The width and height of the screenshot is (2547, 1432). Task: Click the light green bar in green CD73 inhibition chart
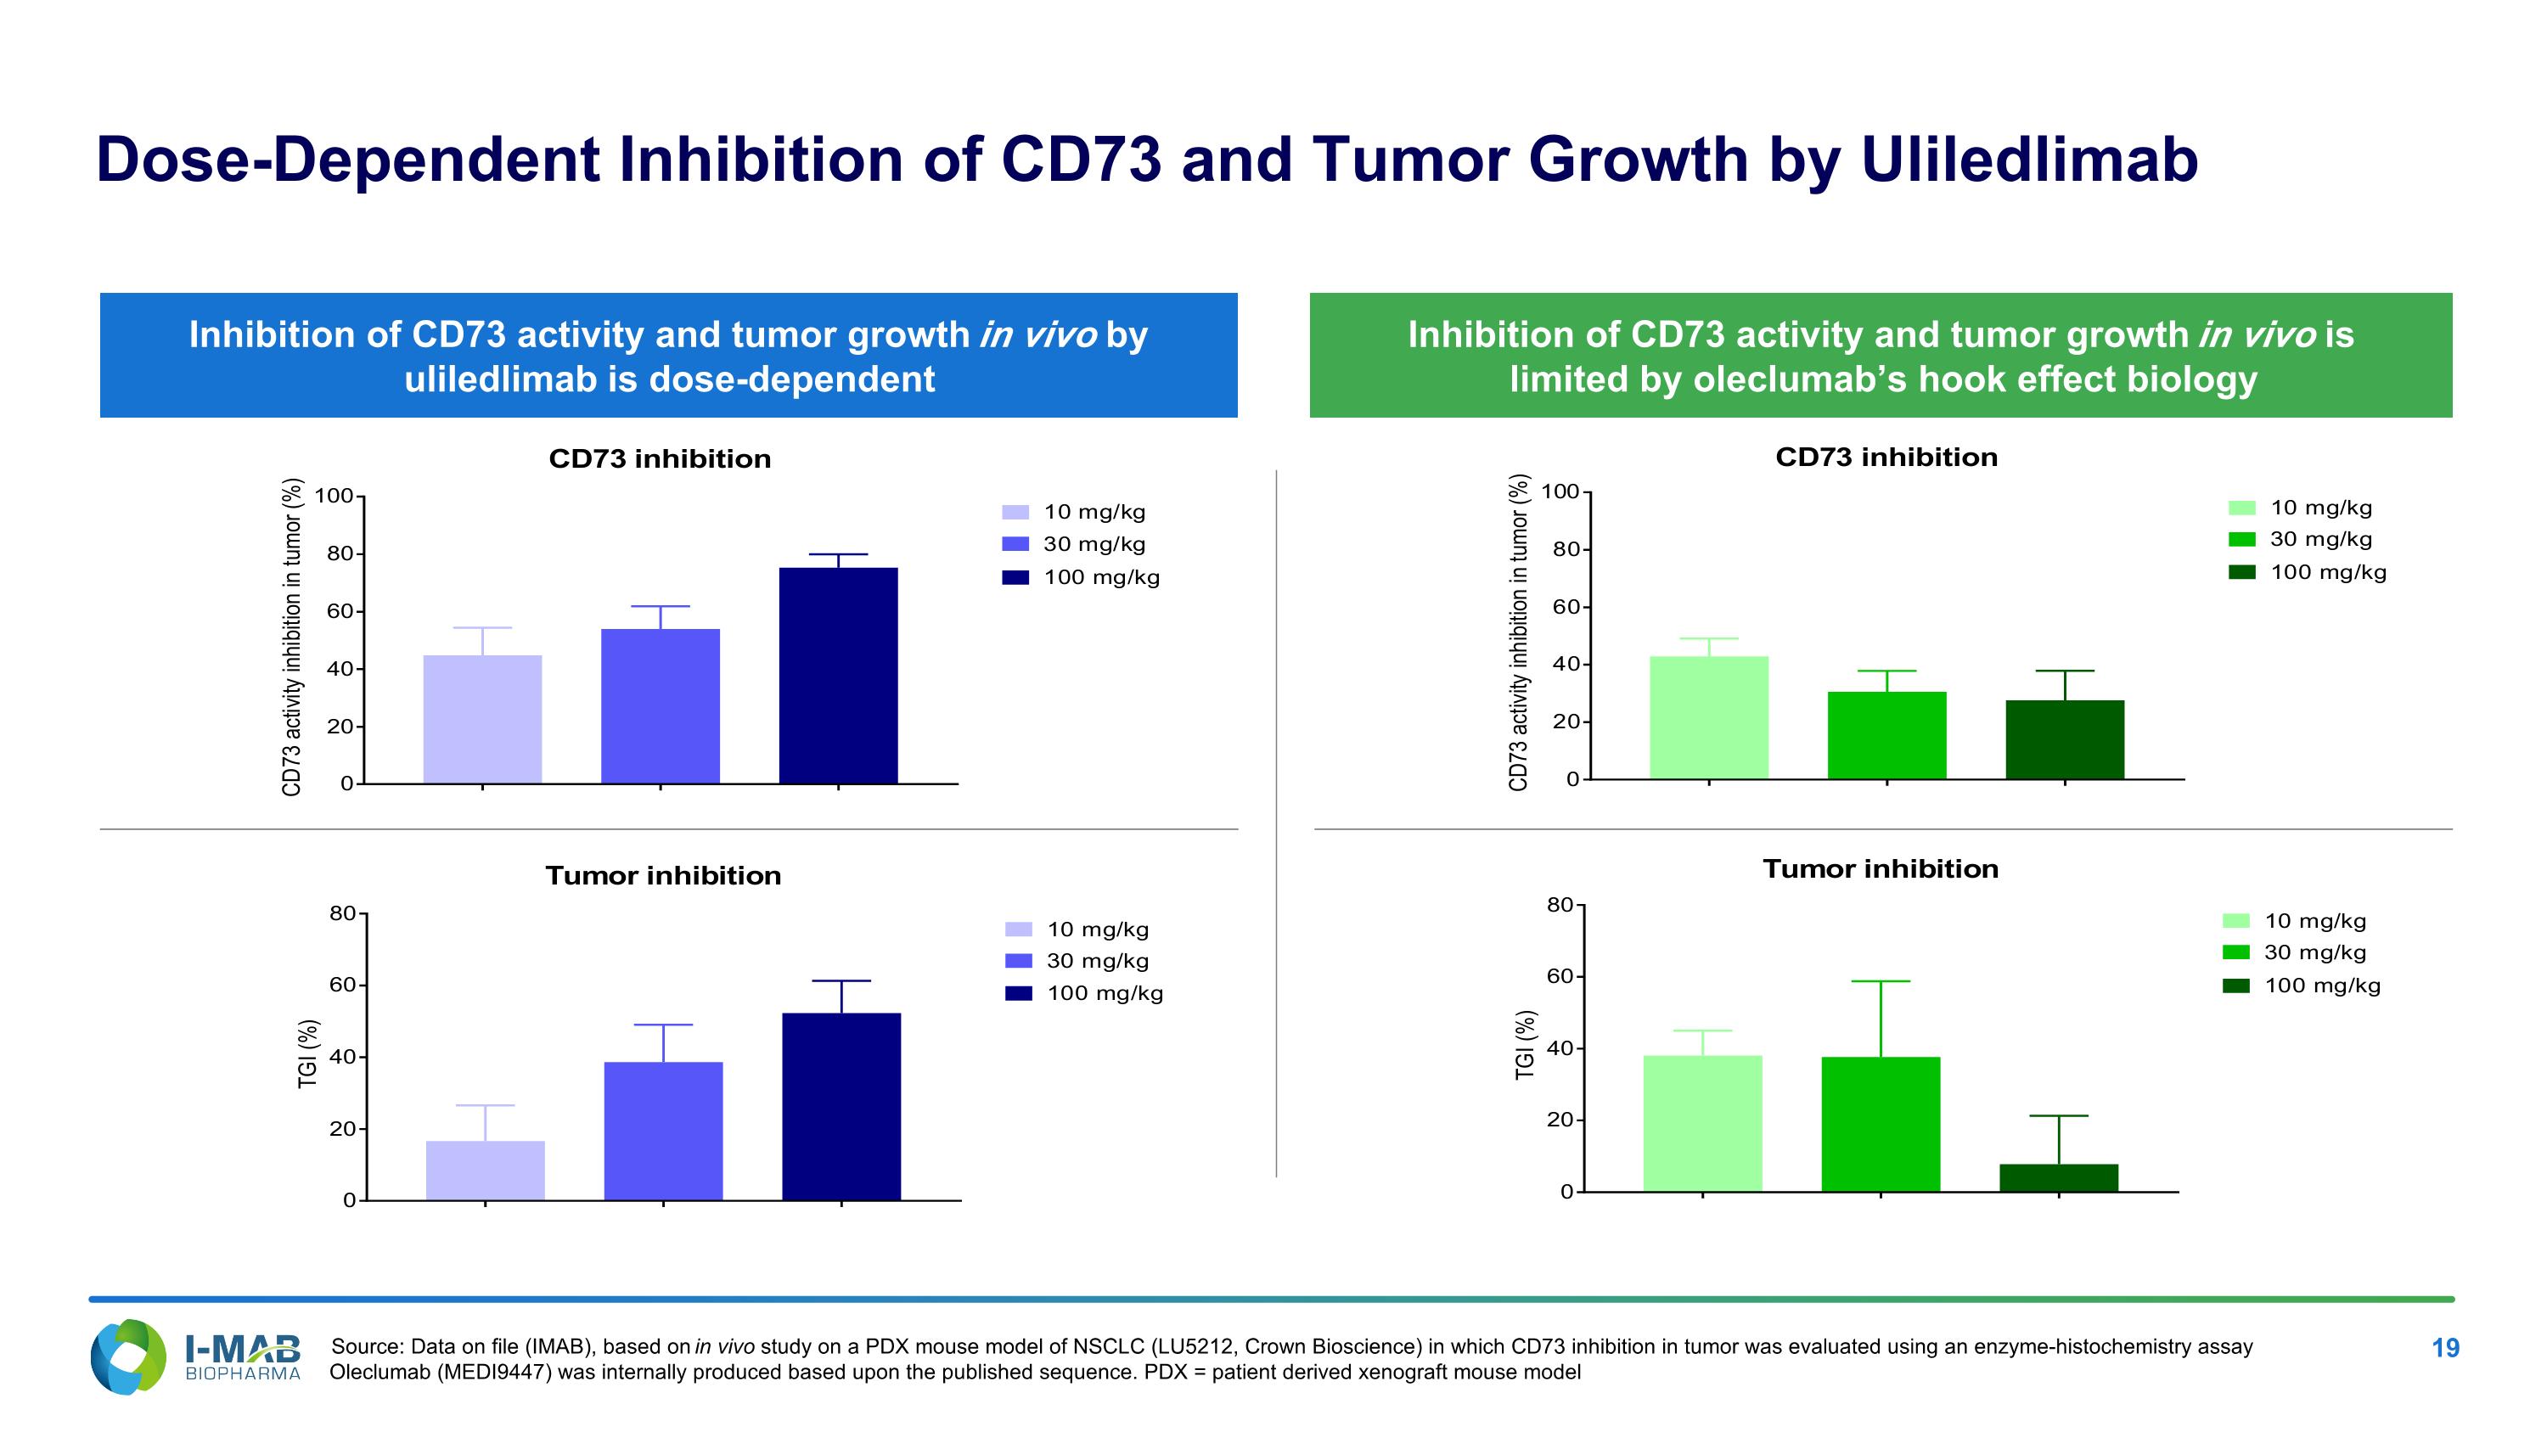tap(1708, 717)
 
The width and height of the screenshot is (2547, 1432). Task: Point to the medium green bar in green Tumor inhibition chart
tap(1881, 1124)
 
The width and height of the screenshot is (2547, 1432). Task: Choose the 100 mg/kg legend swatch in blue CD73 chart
tap(1015, 578)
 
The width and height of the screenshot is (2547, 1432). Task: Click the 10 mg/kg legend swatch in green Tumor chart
tap(2235, 921)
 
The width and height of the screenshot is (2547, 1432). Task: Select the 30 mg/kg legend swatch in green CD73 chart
tap(2241, 540)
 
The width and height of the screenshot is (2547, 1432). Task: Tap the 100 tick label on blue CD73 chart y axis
tap(335, 496)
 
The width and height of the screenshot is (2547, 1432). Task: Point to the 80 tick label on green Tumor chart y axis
tap(1560, 905)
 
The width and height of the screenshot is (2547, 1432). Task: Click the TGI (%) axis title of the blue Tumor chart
tap(308, 1053)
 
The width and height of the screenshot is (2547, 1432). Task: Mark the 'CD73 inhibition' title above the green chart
tap(1886, 458)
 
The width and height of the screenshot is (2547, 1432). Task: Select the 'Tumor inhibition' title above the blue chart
tap(662, 876)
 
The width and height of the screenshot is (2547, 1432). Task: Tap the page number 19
tap(2444, 1348)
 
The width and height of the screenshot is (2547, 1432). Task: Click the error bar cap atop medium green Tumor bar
tap(1881, 981)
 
